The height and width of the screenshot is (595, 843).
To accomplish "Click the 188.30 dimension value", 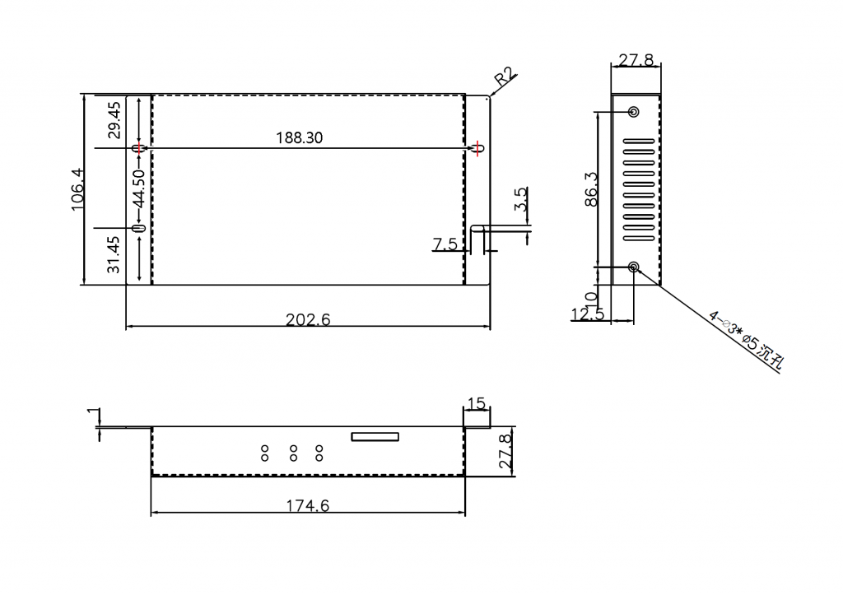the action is pos(299,138).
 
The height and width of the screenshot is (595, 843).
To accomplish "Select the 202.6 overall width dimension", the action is pos(308,320).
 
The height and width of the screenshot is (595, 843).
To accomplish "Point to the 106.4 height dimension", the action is pos(78,189).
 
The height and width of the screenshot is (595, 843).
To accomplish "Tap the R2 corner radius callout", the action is pos(505,77).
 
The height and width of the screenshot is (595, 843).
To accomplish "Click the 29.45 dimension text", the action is pos(114,120).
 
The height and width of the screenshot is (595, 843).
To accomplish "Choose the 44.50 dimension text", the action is pos(138,188).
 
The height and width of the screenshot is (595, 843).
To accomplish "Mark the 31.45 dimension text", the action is pos(114,255).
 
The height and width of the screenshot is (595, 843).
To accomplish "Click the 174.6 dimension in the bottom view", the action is pos(308,506).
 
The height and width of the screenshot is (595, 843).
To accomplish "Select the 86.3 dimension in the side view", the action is pos(590,189).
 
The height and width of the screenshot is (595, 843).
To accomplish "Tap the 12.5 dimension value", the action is pos(588,314).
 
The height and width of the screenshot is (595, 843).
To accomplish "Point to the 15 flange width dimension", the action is pos(477,403).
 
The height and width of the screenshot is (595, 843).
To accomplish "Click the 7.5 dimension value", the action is pos(445,244).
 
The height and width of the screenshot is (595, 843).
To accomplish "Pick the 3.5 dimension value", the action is pos(520,199).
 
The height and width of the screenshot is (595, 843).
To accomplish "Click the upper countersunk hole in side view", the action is pos(634,112).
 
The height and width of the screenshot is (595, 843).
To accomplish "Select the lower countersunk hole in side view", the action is pos(634,267).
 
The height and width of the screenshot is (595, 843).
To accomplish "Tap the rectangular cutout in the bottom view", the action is pos(375,436).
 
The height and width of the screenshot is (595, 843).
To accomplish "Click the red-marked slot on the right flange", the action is pos(478,148).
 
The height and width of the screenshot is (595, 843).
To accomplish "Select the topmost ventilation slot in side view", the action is pos(639,142).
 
